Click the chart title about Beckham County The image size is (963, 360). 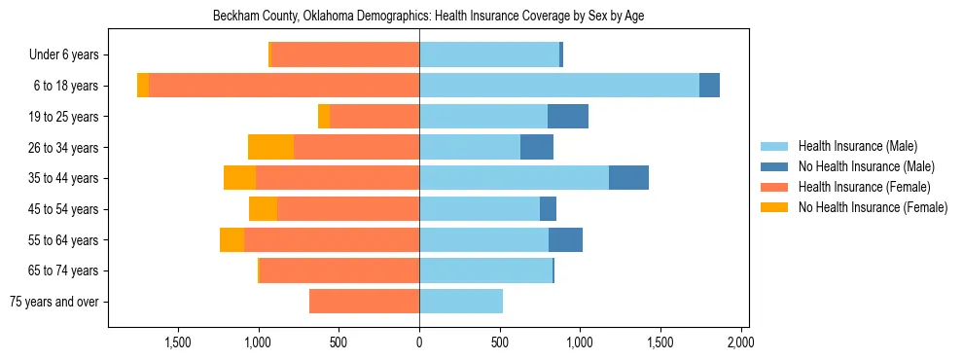coord(428,16)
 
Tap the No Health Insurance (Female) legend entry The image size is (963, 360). coord(873,207)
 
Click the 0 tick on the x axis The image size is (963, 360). coord(419,342)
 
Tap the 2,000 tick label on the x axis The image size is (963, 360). coord(741,342)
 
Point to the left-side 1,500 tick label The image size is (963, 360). coord(178,342)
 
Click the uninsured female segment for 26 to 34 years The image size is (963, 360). coord(271,147)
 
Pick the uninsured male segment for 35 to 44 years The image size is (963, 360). coord(628,178)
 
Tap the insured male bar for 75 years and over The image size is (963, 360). coord(461,302)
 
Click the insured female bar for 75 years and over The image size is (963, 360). coord(365,302)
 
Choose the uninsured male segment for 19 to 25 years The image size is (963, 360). coord(568,117)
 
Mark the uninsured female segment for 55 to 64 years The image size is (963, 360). coord(232,240)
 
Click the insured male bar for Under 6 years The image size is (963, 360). coord(489,55)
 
